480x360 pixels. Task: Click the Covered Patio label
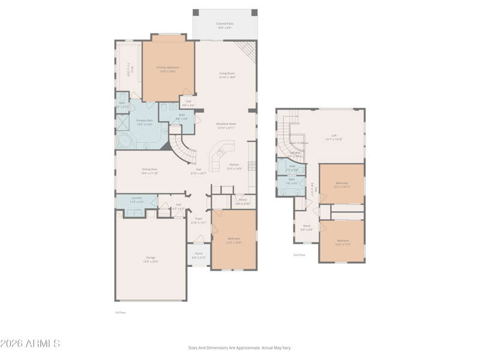click(x=225, y=24)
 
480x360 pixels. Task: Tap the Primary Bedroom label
click(x=168, y=68)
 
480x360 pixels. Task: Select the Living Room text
click(x=227, y=73)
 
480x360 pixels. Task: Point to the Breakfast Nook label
click(x=226, y=124)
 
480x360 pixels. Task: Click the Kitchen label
click(x=234, y=164)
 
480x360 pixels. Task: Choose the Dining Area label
click(x=149, y=169)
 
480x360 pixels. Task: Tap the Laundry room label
click(x=136, y=198)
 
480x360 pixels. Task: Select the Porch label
click(x=199, y=253)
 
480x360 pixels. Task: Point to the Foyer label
click(x=199, y=218)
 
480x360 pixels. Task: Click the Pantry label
click(x=243, y=200)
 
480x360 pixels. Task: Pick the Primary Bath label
click(x=145, y=121)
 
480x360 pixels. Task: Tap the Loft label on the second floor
click(x=334, y=135)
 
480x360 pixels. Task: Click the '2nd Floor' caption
click(x=299, y=255)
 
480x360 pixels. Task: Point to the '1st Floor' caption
click(x=121, y=313)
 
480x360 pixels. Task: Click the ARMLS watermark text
click(x=30, y=344)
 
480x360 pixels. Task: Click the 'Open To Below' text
click(x=299, y=143)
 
